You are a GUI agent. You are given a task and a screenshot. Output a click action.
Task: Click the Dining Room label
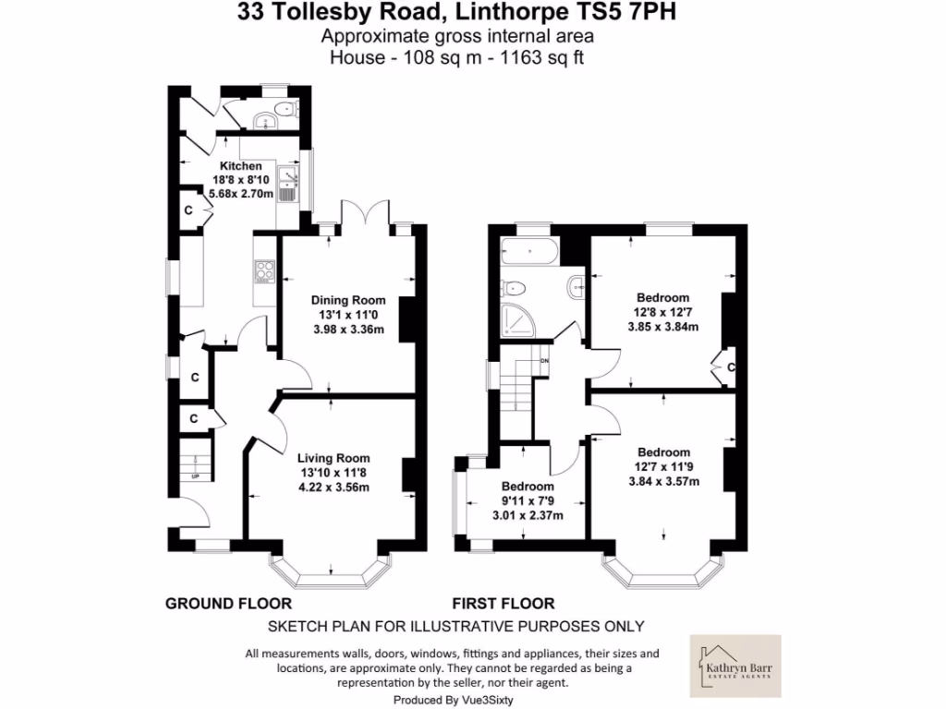coord(347,300)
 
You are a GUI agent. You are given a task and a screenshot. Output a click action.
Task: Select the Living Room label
coord(333,458)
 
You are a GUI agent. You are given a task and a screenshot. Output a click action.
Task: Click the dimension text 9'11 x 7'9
coord(528,501)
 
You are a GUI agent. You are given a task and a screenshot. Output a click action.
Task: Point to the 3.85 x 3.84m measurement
coord(662,326)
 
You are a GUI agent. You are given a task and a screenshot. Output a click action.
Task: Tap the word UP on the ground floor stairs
coord(195,476)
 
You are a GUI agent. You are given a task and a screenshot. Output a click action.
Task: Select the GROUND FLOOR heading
coord(228,604)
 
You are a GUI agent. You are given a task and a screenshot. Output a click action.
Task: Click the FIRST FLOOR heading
coord(503,604)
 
